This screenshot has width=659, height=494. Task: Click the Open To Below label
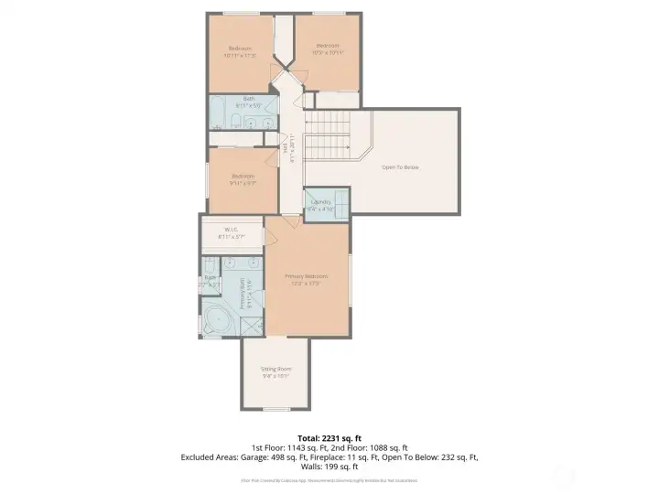pyautogui.click(x=400, y=166)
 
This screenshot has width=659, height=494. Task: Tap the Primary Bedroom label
pyautogui.click(x=306, y=275)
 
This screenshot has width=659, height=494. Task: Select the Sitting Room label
pyautogui.click(x=276, y=369)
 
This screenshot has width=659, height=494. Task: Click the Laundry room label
pyautogui.click(x=320, y=201)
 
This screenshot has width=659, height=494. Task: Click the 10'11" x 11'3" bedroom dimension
pyautogui.click(x=240, y=55)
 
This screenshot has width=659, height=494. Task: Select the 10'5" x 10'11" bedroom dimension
pyautogui.click(x=328, y=52)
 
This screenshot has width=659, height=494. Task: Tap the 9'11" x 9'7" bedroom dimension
pyautogui.click(x=243, y=182)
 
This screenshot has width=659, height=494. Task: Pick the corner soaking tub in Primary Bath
pyautogui.click(x=217, y=322)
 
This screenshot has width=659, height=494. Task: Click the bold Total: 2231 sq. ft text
pyautogui.click(x=329, y=438)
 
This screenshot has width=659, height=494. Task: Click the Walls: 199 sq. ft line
pyautogui.click(x=329, y=466)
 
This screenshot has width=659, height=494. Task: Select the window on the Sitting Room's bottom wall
pyautogui.click(x=276, y=409)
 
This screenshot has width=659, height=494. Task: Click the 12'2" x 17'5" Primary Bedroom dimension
pyautogui.click(x=306, y=283)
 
